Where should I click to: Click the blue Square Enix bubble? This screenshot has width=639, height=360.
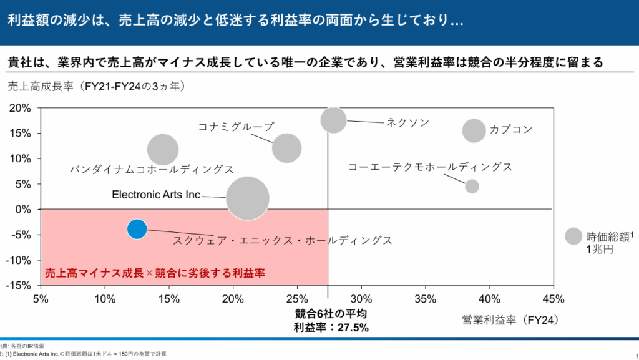pyautogui.click(x=137, y=229)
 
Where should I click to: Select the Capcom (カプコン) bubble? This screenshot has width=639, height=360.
pyautogui.click(x=474, y=130)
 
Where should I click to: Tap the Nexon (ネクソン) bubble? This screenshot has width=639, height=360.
pyautogui.click(x=334, y=120)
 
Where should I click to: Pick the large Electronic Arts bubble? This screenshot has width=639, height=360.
pyautogui.click(x=247, y=198)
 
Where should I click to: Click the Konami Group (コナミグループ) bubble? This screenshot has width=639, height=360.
pyautogui.click(x=287, y=148)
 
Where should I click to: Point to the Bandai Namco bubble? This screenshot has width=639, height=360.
pyautogui.click(x=163, y=150)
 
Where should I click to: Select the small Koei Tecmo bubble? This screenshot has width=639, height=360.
pyautogui.click(x=472, y=186)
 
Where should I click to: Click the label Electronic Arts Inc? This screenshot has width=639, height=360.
pyautogui.click(x=156, y=195)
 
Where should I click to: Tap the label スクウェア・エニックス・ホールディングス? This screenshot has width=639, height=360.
pyautogui.click(x=283, y=240)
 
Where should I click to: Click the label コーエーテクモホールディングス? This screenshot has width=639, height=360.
pyautogui.click(x=430, y=167)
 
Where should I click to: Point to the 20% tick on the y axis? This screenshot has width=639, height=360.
pyautogui.click(x=21, y=108)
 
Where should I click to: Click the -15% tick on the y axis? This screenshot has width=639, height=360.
pyautogui.click(x=19, y=286)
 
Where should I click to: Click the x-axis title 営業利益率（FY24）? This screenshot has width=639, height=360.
pyautogui.click(x=510, y=320)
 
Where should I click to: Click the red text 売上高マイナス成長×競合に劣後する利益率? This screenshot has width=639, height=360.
pyautogui.click(x=155, y=273)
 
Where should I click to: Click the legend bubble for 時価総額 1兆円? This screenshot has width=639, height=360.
pyautogui.click(x=573, y=236)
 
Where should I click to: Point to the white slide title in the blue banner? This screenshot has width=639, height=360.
pyautogui.click(x=235, y=20)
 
